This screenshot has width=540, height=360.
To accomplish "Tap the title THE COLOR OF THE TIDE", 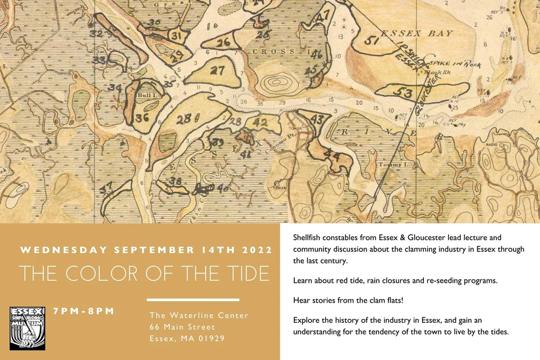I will pyautogui.click(x=144, y=274).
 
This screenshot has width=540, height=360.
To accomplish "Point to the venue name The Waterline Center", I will pyautogui.click(x=199, y=315).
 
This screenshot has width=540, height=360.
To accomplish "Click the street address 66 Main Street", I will pyautogui.click(x=182, y=327).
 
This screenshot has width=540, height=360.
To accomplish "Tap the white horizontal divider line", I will pyautogui.click(x=193, y=300).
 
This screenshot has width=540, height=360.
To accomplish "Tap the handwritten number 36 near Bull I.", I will pyautogui.click(x=143, y=118).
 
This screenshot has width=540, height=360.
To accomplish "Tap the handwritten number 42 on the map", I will pyautogui.click(x=260, y=123).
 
